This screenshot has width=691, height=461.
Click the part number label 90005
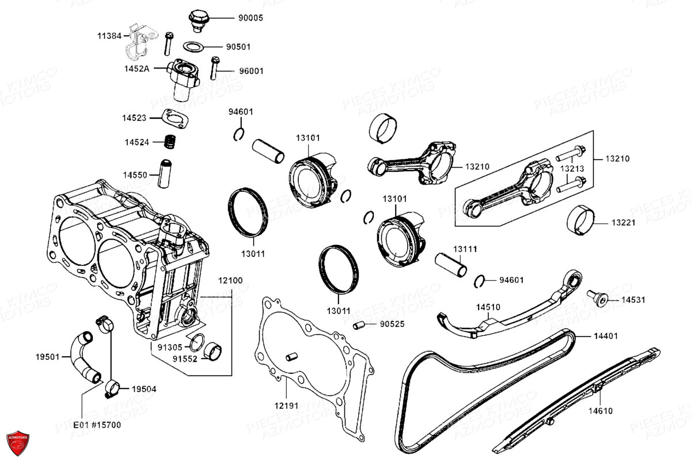click(x=250, y=18)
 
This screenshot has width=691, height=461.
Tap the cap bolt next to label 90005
click(x=199, y=19)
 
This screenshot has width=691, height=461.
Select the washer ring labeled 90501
click(x=194, y=46)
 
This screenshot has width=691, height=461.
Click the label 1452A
click(x=137, y=68)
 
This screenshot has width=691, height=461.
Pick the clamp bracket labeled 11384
click(x=139, y=42)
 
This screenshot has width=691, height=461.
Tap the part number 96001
click(x=251, y=71)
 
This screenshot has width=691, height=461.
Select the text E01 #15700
click(x=97, y=425)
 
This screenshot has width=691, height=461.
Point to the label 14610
click(x=600, y=411)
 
